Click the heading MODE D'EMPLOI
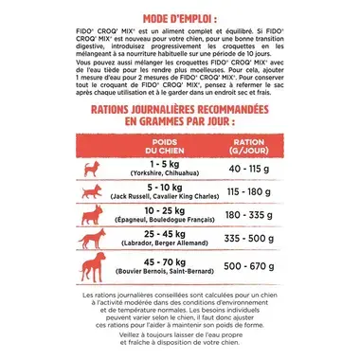[179, 18]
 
